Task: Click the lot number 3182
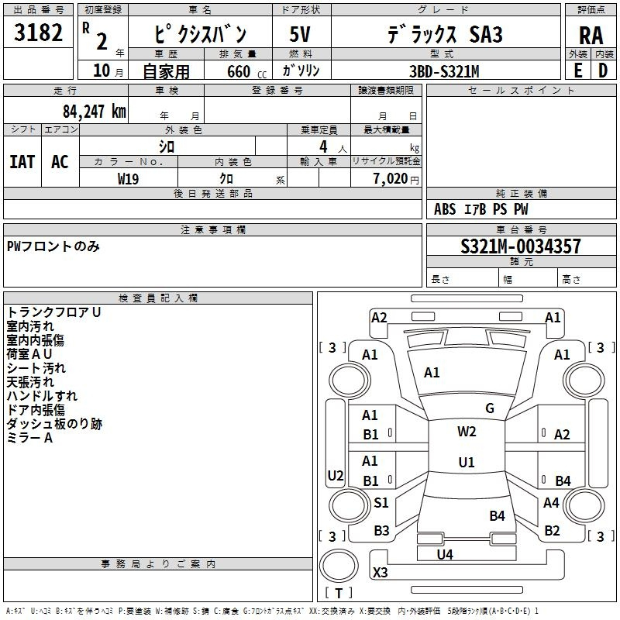click(x=39, y=35)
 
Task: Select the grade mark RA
click(x=591, y=36)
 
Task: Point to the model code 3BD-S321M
click(x=444, y=71)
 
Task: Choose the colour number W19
click(x=129, y=178)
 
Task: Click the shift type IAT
click(x=22, y=161)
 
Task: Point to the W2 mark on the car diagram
click(x=467, y=432)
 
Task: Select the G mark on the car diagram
click(x=490, y=408)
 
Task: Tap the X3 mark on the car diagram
click(x=381, y=573)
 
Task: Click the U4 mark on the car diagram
click(x=445, y=554)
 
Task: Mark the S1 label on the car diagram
click(x=381, y=503)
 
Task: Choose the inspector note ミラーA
click(x=29, y=438)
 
